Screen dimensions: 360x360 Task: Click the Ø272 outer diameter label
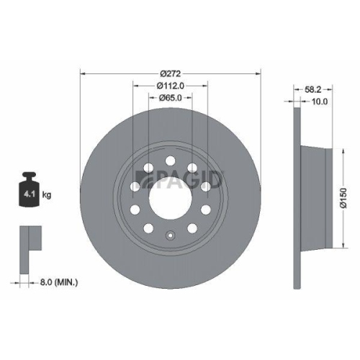coord(170,73)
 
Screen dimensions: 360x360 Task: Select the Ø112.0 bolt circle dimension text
coord(171,86)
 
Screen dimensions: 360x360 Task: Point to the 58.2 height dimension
coord(312,91)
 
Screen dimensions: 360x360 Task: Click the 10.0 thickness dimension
coord(319,102)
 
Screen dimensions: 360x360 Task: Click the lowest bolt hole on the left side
coord(148,228)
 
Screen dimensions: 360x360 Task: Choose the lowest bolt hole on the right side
coord(192,228)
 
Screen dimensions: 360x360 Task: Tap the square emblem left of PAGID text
coord(143,177)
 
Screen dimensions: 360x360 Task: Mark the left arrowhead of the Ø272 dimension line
coord(82,73)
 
